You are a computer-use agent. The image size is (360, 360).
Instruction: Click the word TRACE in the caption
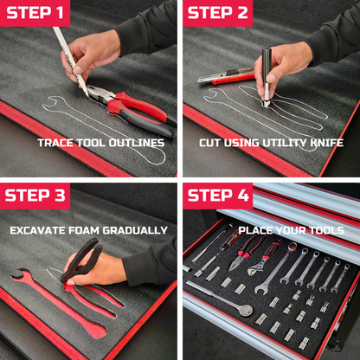tap(55, 143)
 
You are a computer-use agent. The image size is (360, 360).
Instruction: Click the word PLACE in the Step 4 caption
tap(256, 230)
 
